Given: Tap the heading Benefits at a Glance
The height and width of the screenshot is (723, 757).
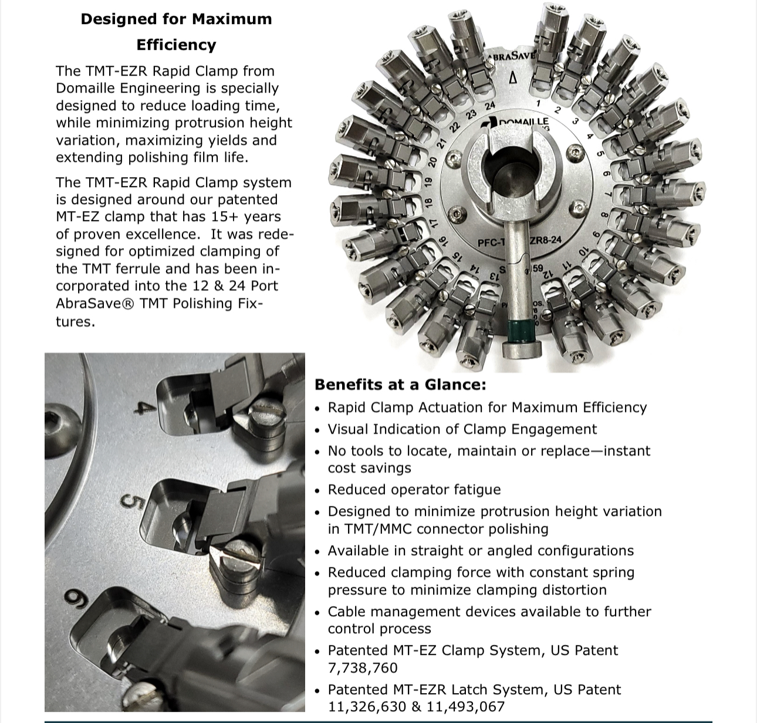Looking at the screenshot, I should (400, 385).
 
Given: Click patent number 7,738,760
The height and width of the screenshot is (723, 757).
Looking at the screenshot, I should (362, 668).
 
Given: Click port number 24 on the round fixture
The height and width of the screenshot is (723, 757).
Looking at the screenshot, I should (490, 106).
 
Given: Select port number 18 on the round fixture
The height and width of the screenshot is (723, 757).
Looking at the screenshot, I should (428, 202).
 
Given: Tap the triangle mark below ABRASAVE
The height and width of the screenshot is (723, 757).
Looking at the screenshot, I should (512, 77).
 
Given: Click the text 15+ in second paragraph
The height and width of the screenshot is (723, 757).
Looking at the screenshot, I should (225, 217).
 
